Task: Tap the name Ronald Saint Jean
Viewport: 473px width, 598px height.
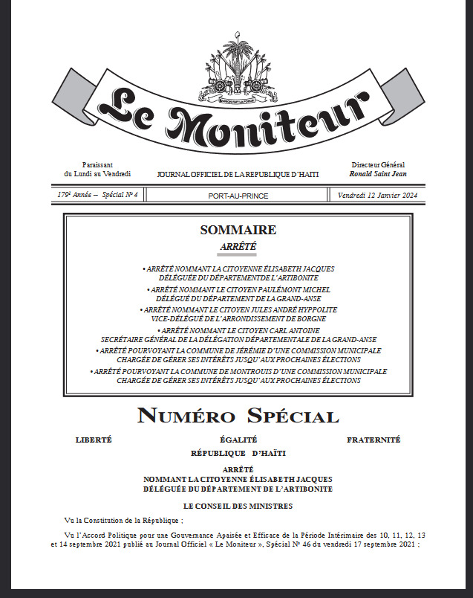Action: tap(378, 174)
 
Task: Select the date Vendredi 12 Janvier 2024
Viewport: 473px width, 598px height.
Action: tap(377, 195)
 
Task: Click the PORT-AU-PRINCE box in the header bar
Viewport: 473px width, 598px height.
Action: tap(238, 196)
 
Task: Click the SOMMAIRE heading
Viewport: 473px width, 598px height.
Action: tap(237, 231)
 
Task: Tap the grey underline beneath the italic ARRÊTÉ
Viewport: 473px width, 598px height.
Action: tap(237, 254)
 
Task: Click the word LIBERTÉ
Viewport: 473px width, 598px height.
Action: tap(94, 440)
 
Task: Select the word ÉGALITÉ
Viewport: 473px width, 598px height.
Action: tap(238, 440)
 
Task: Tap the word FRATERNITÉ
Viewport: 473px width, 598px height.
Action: tap(373, 440)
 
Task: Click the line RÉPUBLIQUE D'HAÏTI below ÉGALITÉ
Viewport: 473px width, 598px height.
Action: tap(238, 452)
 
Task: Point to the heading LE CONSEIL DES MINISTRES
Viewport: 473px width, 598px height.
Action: tap(238, 506)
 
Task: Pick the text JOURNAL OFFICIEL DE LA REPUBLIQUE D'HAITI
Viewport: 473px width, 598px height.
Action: tap(238, 174)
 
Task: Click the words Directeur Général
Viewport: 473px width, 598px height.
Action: tap(378, 165)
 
